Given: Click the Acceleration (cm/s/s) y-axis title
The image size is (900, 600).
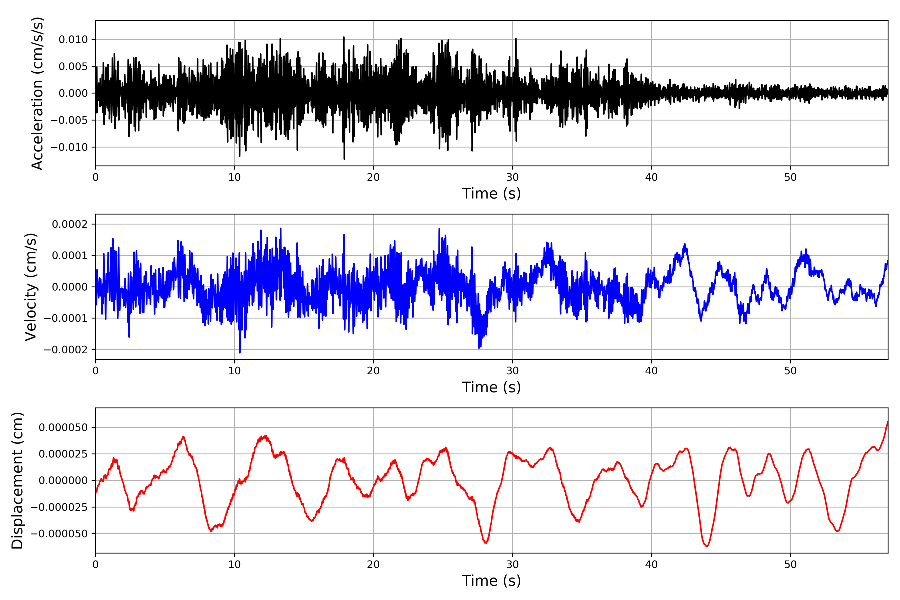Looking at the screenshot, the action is point(37,93).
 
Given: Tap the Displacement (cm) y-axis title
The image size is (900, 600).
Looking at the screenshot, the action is point(17,480).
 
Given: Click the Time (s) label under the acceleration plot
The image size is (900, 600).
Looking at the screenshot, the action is point(491,193).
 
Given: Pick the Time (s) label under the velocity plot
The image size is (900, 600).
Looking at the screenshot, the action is point(491,387).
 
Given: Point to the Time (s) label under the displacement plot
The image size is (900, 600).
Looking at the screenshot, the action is point(491,581).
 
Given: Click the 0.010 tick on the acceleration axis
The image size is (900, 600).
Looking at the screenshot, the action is point(73,39).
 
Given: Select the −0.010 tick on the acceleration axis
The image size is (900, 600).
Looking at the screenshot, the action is point(69,147).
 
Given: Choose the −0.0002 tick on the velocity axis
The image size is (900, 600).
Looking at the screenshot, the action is point(66,350).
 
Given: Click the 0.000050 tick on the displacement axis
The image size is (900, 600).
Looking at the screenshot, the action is point(63,427).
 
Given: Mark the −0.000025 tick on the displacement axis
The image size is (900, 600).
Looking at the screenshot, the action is point(59,507).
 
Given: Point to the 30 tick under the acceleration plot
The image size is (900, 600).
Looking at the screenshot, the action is point(512,177).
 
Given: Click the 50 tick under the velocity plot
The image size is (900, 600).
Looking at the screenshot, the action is point(790,371).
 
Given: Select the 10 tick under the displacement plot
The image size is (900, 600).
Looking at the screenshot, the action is point(234,564).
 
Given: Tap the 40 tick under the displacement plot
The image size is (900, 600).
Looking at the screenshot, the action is point(652,564).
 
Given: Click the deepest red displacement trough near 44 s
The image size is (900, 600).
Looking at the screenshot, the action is point(707,546).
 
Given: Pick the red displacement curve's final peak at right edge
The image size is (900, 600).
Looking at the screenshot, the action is point(887,422).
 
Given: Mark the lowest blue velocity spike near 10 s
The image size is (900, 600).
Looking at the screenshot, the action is point(240,352).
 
